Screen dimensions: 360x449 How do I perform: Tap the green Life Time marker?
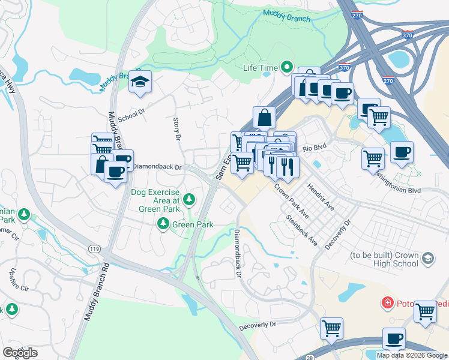pyautogui.click(x=287, y=67)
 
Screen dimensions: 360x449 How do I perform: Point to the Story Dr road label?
pyautogui.click(x=176, y=129)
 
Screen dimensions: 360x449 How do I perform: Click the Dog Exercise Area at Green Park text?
pyautogui.click(x=155, y=200)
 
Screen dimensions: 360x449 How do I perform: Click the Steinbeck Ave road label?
pyautogui.click(x=301, y=230)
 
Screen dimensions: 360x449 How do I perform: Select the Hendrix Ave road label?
pyautogui.click(x=321, y=196)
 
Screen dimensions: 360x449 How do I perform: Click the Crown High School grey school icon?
pyautogui.click(x=427, y=259)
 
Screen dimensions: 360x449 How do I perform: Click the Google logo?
pyautogui.click(x=20, y=353)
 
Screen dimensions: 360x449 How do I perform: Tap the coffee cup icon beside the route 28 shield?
pyautogui.click(x=394, y=338)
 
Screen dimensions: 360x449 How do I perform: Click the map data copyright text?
pyautogui.click(x=412, y=355)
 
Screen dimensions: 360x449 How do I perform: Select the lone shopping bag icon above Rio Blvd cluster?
pyautogui.click(x=264, y=117)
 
